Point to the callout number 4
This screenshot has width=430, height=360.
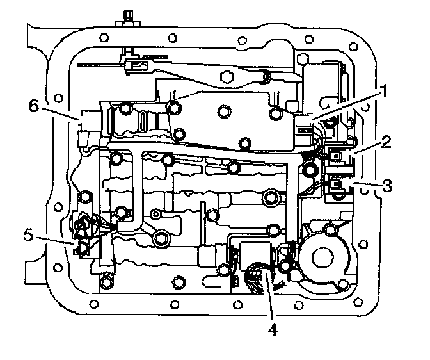pyautogui.click(x=273, y=332)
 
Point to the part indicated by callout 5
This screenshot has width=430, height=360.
pyautogui.click(x=81, y=247)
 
